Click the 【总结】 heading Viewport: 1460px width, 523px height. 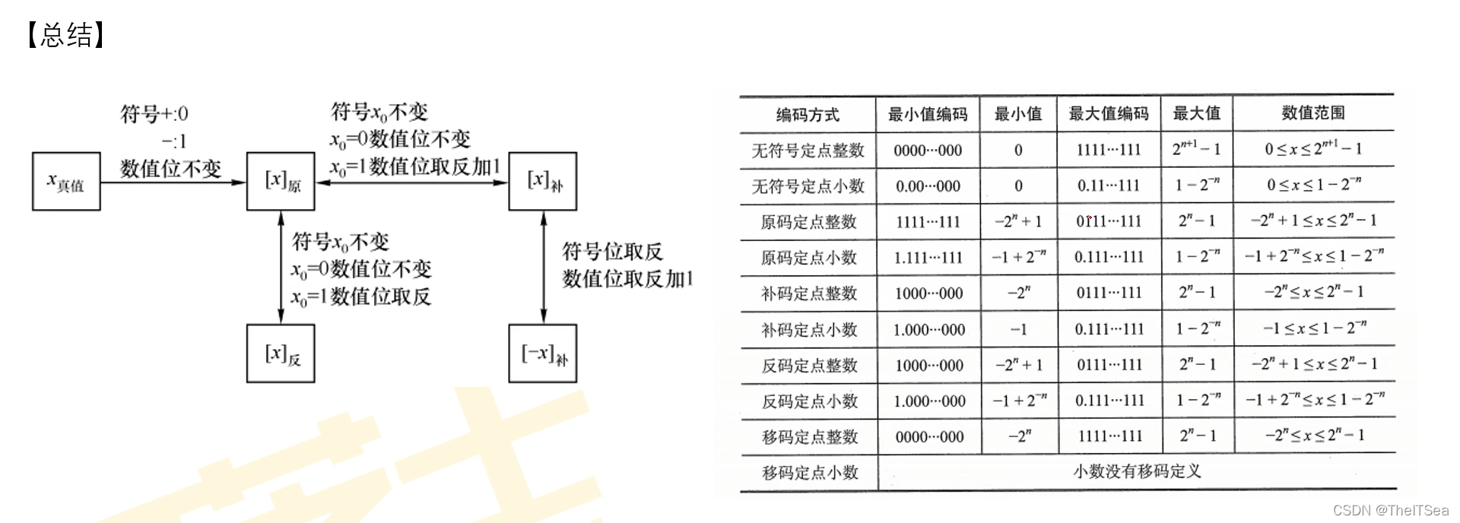[65, 35]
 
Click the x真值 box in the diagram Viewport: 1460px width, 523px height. [66, 181]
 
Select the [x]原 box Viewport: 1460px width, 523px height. [281, 181]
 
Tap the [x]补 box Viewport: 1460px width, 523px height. [542, 181]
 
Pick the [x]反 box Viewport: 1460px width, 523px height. [281, 353]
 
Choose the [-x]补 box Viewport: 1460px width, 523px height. [542, 353]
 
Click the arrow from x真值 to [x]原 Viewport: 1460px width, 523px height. [173, 182]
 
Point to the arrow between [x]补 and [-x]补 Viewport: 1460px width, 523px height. [543, 267]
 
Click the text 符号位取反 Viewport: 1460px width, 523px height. [612, 252]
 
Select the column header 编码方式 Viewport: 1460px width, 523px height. [808, 115]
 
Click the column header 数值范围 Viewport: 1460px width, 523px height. [1313, 113]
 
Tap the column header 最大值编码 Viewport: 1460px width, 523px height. [1108, 114]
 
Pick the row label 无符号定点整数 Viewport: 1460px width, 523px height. [808, 151]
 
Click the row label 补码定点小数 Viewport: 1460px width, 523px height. [809, 330]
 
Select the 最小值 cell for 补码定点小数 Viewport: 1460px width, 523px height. [1018, 330]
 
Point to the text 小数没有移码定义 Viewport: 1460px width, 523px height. [1137, 472]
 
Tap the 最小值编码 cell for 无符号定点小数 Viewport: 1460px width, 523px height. [928, 186]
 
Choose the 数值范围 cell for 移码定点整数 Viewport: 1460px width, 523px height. [1314, 436]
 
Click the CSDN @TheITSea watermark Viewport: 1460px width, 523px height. [1391, 510]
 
